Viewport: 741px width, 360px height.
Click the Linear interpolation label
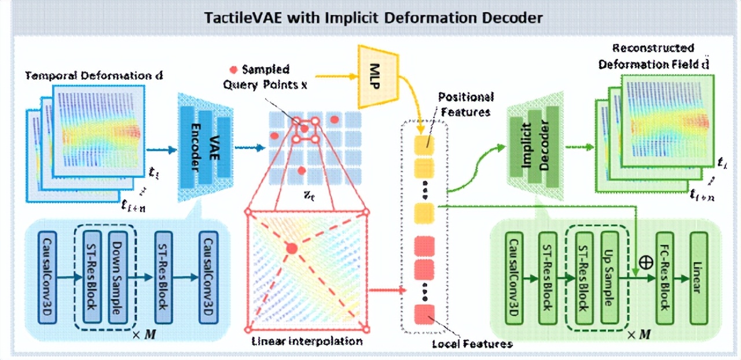tap(307, 341)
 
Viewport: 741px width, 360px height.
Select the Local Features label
tap(472, 344)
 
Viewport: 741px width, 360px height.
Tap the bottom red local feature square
tap(424, 315)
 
